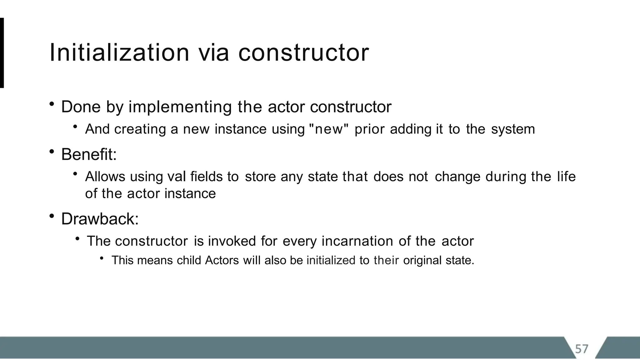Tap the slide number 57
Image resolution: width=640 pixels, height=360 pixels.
pyautogui.click(x=582, y=348)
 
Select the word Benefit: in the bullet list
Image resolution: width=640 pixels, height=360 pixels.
pyautogui.click(x=89, y=154)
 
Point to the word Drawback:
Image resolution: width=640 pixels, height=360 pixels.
pyautogui.click(x=100, y=219)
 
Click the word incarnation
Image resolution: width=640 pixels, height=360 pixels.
pyautogui.click(x=357, y=241)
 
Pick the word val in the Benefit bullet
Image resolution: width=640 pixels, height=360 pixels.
pyautogui.click(x=177, y=177)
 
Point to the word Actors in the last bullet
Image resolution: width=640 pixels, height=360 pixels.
pyautogui.click(x=222, y=260)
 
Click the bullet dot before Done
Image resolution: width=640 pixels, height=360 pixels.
pyautogui.click(x=52, y=104)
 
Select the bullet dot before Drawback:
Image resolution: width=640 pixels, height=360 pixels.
pyautogui.click(x=52, y=216)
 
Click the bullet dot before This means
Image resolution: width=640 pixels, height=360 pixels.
pyautogui.click(x=102, y=258)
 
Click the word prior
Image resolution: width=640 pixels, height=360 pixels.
pyautogui.click(x=369, y=129)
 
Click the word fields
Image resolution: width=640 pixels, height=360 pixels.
pyautogui.click(x=206, y=177)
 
